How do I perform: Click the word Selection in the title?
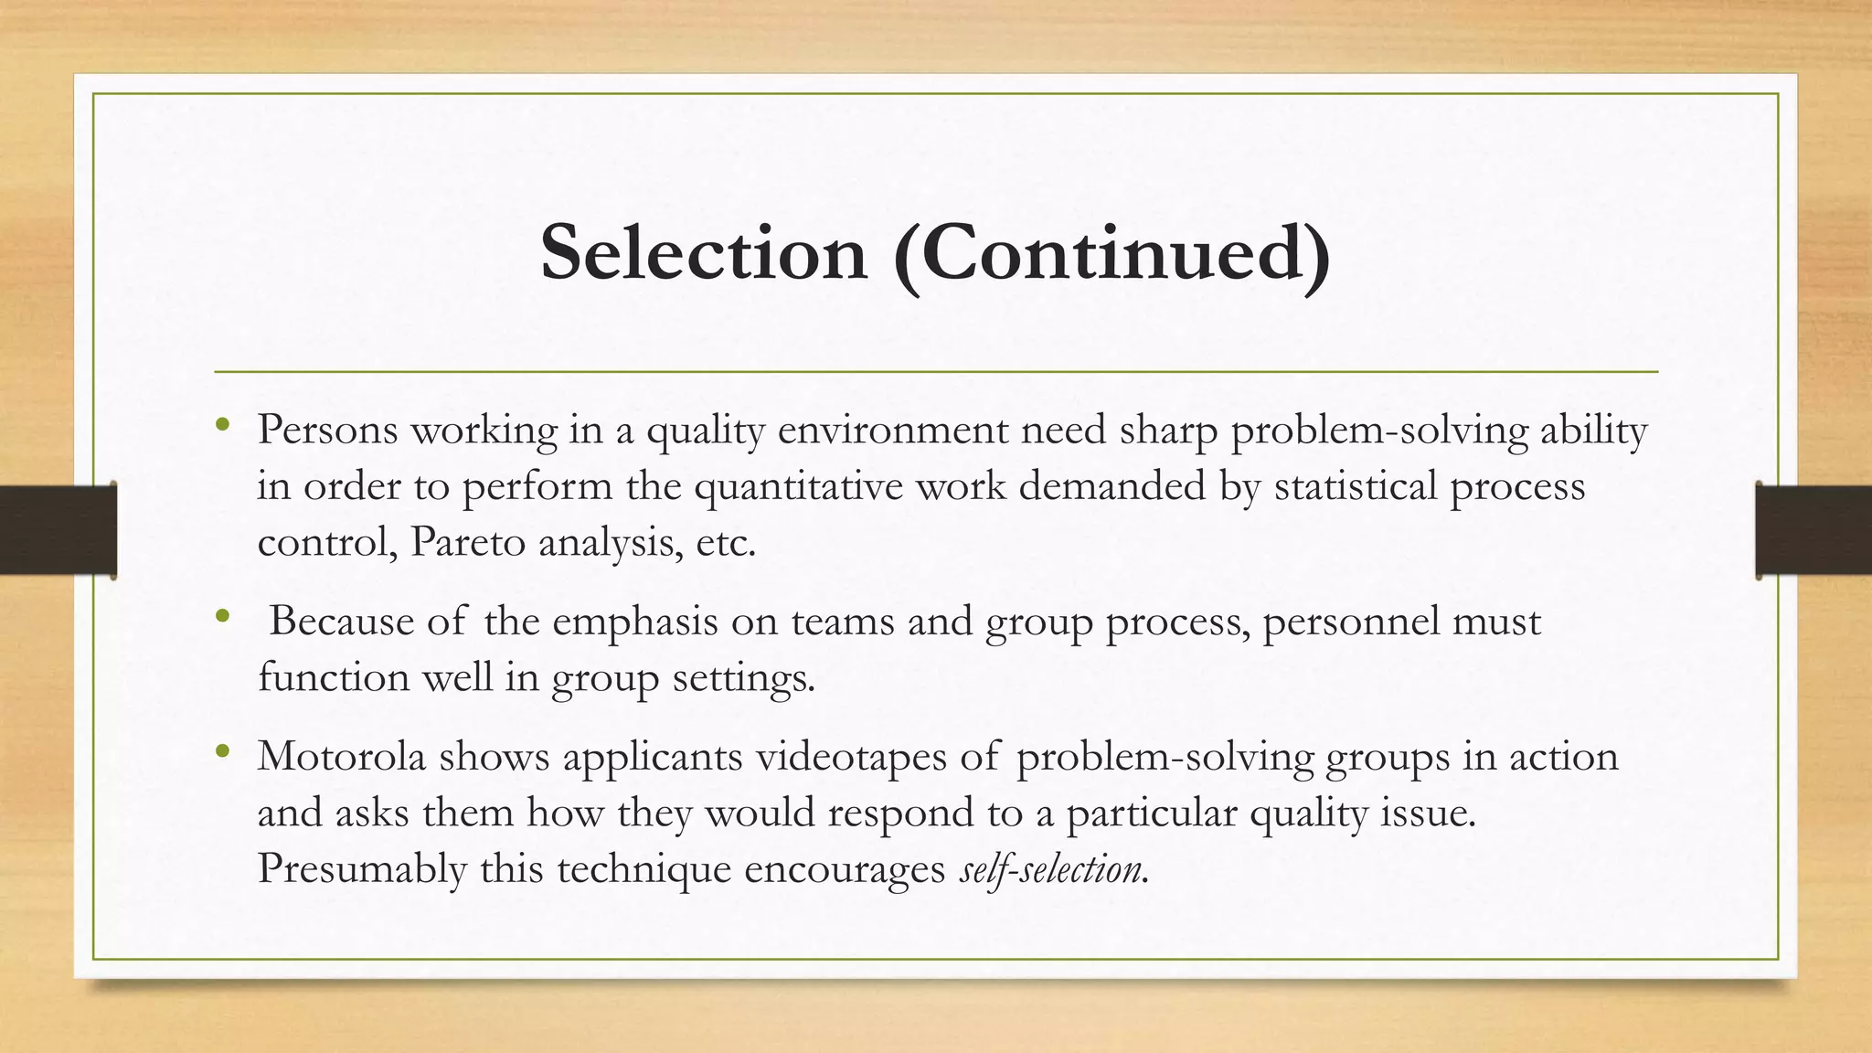pos(703,253)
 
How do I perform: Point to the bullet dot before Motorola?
pos(221,751)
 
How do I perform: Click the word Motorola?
pos(341,757)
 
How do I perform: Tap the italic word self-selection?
pos(1050,868)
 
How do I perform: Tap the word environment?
pos(892,430)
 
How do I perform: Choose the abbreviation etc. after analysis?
pos(726,542)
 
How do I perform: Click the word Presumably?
pos(362,868)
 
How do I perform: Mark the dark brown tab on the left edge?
pos(58,530)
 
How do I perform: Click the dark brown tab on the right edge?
pos(1813,530)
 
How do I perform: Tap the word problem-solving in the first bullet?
pos(1379,430)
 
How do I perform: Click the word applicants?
pos(652,757)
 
